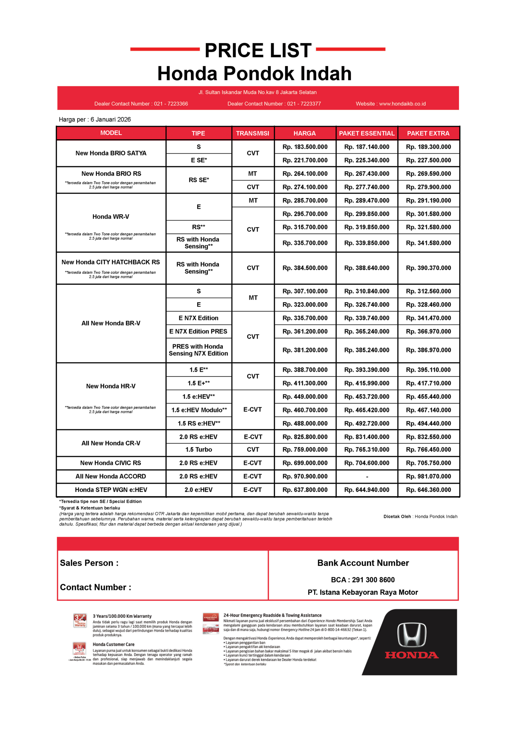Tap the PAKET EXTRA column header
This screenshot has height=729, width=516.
pos(428,133)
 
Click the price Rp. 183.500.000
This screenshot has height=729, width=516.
pos(305,147)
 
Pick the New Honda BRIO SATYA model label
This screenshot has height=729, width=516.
pos(111,153)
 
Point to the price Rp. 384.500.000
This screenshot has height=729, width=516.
pos(305,268)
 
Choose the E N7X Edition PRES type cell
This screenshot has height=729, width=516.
pos(198,331)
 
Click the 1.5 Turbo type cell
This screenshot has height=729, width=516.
pos(198,450)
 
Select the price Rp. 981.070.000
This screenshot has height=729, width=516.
pos(428,476)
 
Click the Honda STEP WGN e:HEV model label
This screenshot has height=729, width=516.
pos(111,490)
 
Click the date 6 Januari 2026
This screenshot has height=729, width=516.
pos(111,119)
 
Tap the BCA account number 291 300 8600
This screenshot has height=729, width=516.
pos(373,580)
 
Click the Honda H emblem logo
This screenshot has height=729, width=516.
pos(412,635)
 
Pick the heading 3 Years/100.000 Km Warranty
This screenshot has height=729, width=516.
pos(122,616)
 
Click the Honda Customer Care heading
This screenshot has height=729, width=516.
pos(113,644)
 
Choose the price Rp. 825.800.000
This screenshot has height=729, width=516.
pos(305,437)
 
